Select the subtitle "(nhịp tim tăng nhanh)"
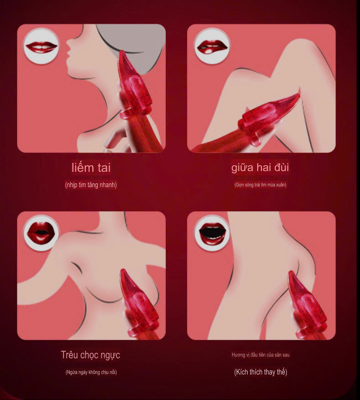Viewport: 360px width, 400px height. (91, 185)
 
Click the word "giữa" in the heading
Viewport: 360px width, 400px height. (242, 168)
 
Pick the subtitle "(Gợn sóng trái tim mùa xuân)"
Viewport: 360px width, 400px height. (260, 185)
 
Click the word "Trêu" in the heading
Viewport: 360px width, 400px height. (69, 355)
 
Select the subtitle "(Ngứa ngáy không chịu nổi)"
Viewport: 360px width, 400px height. (91, 372)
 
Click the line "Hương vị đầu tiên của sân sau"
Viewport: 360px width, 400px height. (261, 355)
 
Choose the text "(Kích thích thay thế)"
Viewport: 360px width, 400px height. (261, 372)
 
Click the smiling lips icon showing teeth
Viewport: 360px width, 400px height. (42, 47)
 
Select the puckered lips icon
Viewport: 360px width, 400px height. (41, 233)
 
